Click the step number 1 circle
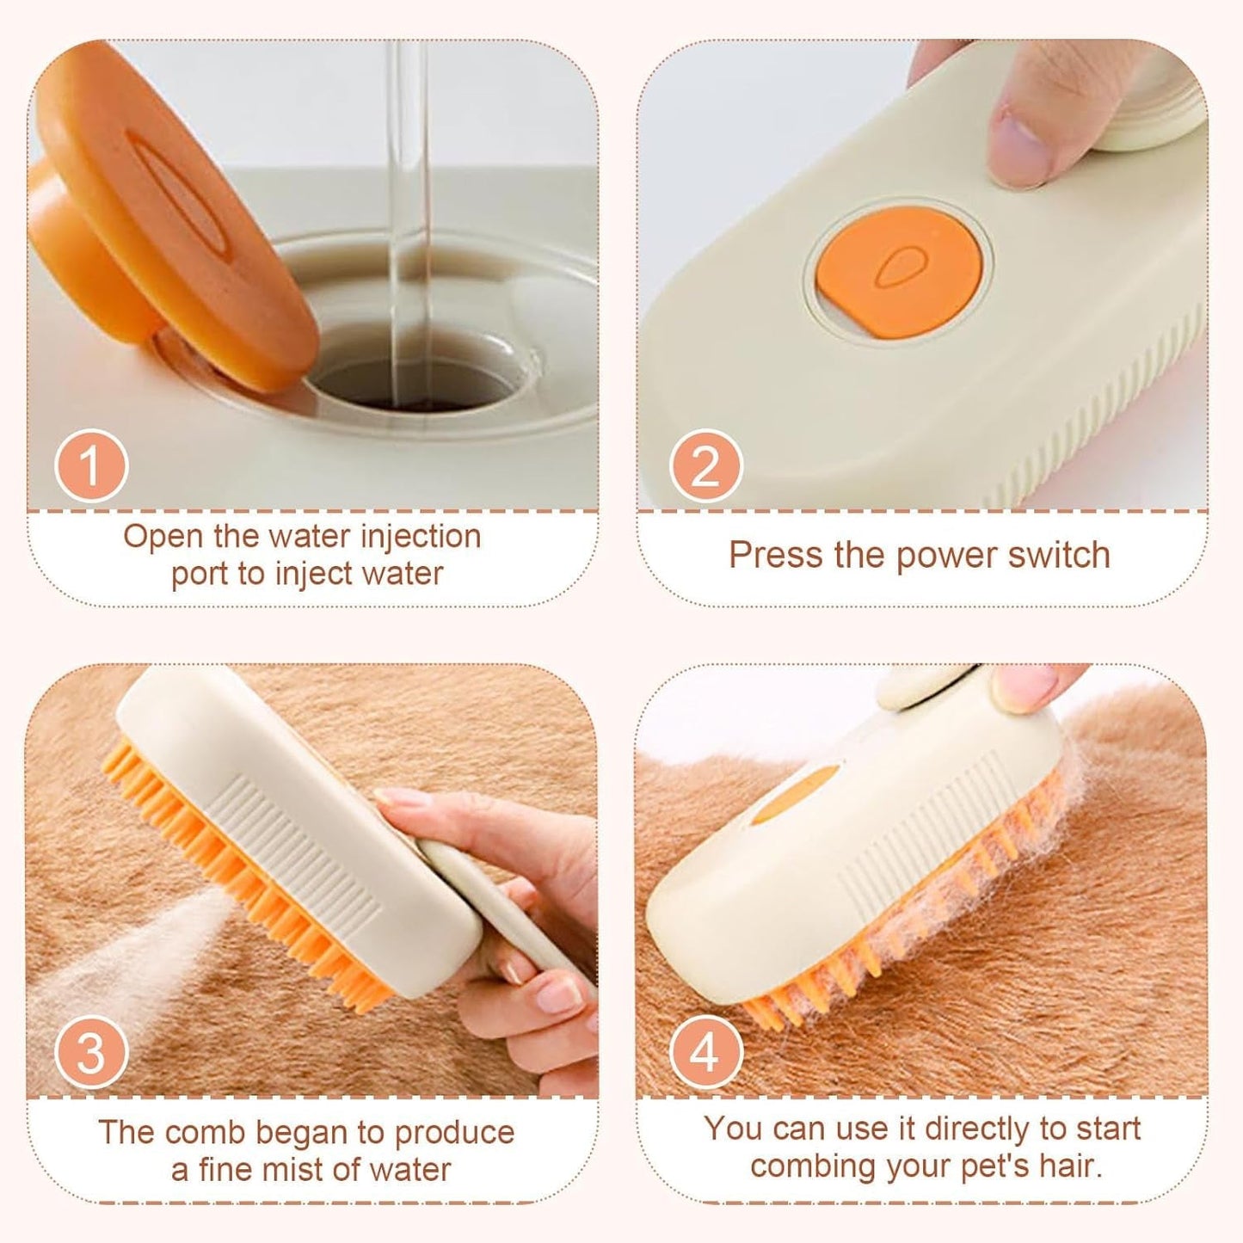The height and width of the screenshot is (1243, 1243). tap(91, 465)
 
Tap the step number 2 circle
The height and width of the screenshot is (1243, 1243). tap(705, 465)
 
